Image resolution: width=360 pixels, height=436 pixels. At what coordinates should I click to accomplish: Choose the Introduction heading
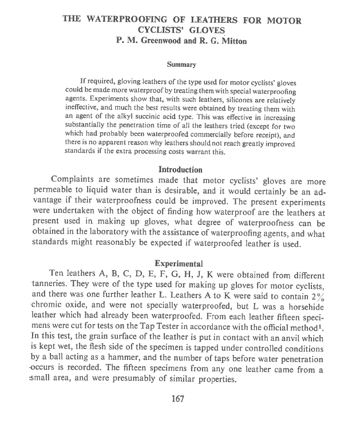pos(180,170)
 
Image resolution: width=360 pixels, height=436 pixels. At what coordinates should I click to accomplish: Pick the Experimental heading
pos(180,264)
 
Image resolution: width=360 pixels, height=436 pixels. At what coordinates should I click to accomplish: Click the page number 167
pos(180,399)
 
